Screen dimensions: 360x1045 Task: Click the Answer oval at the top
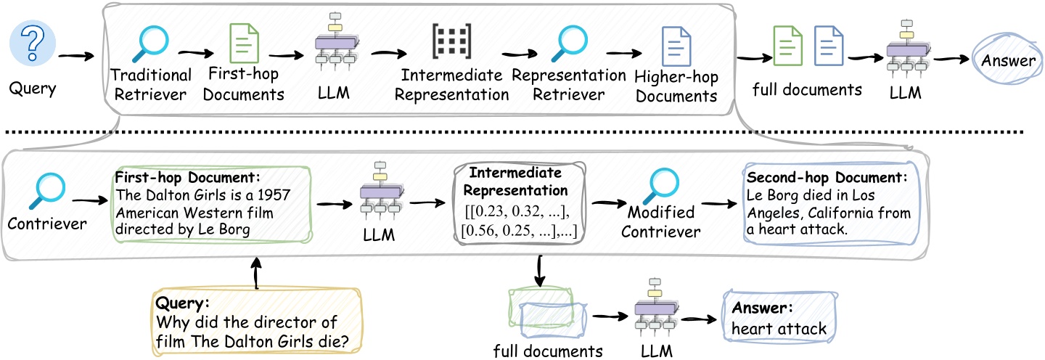(1008, 60)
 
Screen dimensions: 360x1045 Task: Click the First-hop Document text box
(211, 203)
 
